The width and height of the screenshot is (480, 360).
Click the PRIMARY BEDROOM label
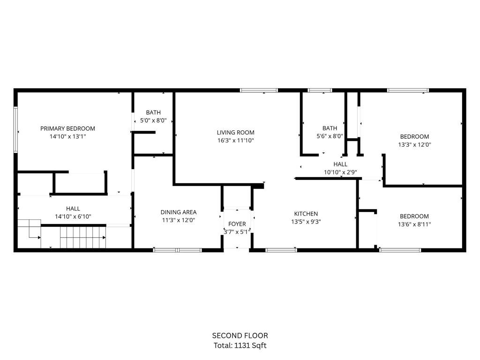click(67, 128)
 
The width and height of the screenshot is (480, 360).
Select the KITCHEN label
click(307, 214)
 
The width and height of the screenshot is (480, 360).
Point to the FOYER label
click(237, 224)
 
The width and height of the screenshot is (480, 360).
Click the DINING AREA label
click(179, 212)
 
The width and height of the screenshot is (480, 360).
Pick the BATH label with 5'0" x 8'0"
click(153, 112)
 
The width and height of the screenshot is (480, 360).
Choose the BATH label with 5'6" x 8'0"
click(330, 128)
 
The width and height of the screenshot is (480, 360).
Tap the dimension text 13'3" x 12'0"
click(414, 145)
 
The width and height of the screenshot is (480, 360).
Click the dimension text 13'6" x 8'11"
click(414, 225)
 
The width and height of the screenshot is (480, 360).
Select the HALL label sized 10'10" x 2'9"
click(340, 164)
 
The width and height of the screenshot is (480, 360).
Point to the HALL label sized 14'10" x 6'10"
click(73, 209)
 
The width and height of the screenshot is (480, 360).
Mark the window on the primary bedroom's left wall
click(15, 129)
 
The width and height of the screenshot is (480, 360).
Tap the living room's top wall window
click(259, 90)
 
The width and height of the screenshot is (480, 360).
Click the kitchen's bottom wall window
click(281, 250)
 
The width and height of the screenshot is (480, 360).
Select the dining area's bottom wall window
click(178, 250)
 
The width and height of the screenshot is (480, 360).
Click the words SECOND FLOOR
click(240, 336)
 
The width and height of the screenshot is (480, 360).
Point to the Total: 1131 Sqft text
click(240, 346)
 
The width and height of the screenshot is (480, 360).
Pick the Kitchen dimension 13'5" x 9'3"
click(307, 222)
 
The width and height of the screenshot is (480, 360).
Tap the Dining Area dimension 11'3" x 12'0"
click(179, 220)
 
